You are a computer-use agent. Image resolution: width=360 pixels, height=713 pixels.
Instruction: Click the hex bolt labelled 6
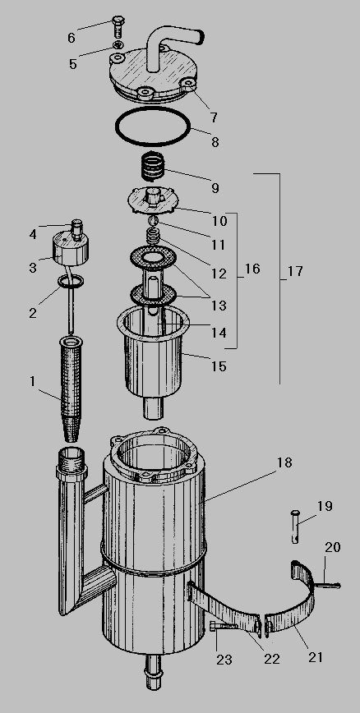tap(117, 28)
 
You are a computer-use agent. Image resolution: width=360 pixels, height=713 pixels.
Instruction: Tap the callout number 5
tap(73, 64)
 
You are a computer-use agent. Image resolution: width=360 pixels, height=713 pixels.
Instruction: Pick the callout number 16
tap(252, 269)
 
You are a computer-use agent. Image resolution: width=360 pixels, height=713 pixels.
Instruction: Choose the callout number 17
tap(295, 271)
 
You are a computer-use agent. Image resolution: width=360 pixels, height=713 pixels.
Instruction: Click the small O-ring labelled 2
tap(71, 282)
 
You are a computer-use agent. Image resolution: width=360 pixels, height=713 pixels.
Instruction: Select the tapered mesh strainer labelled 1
tap(71, 389)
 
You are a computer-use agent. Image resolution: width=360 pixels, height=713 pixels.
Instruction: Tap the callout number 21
tap(316, 656)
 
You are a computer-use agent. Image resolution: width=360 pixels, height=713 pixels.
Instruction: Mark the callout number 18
tap(284, 463)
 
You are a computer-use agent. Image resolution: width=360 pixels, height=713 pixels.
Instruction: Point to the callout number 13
tap(219, 306)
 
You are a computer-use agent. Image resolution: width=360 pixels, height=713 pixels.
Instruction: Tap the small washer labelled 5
tap(118, 44)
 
